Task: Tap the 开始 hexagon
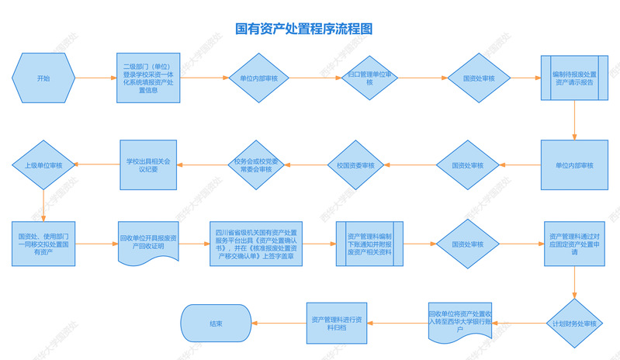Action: [43, 78]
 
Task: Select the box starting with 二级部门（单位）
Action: [152, 78]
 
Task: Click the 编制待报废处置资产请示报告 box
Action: [574, 78]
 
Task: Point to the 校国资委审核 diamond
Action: [355, 165]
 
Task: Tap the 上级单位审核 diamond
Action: [43, 165]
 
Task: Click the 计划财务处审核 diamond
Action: [574, 323]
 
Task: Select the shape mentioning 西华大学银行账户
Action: [463, 321]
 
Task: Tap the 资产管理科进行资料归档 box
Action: [336, 323]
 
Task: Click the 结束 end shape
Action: [216, 323]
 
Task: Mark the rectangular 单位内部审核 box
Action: [574, 165]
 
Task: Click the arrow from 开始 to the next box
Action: [94, 78]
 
